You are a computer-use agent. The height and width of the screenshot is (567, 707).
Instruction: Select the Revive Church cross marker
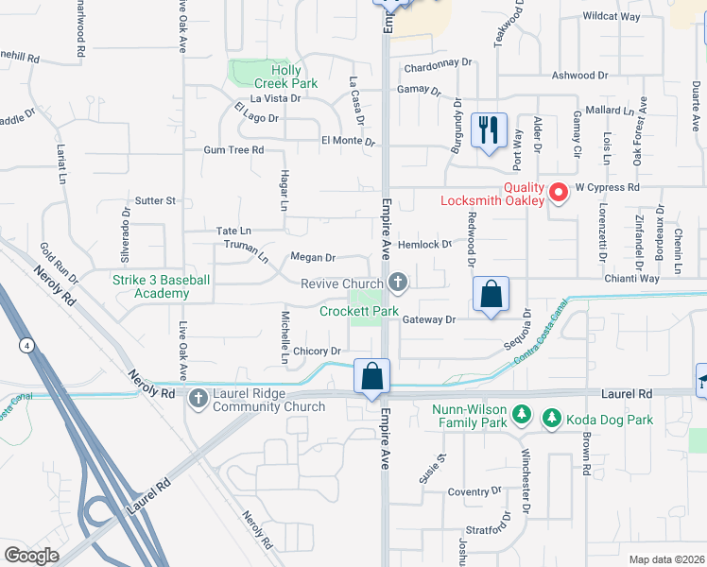point(399,282)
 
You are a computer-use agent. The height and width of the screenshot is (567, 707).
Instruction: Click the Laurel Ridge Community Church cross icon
point(198,397)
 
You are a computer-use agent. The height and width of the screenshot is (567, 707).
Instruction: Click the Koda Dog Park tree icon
point(550,416)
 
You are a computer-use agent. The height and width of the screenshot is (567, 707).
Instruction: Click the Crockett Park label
point(358,311)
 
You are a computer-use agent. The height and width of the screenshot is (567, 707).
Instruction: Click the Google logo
point(32,555)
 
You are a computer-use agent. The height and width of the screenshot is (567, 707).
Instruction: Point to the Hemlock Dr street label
point(425,244)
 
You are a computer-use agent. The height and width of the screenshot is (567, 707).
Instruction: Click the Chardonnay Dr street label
point(437,63)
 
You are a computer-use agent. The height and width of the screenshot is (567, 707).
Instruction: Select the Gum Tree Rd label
point(233,150)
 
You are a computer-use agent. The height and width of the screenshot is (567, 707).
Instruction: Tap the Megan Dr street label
point(313,257)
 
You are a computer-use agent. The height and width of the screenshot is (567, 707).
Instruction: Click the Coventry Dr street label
point(474,491)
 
